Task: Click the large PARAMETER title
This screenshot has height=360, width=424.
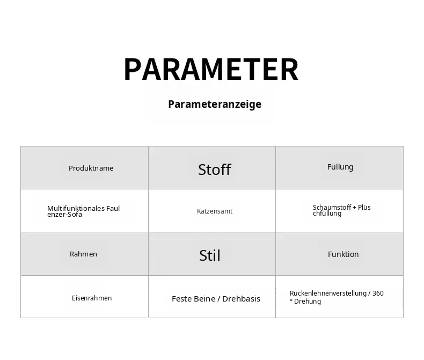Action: [x=211, y=69]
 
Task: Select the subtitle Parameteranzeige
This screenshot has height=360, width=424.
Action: [x=215, y=104]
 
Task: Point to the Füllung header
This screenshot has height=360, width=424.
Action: [x=340, y=167]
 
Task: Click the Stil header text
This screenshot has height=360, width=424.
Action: [x=210, y=255]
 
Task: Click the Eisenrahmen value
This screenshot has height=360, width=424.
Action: [x=92, y=298]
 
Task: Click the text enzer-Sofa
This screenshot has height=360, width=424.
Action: [x=64, y=214]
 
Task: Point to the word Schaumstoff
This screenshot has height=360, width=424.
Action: [x=332, y=207]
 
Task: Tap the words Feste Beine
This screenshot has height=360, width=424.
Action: [x=194, y=299]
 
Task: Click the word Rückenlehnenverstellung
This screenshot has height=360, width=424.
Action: [x=328, y=293]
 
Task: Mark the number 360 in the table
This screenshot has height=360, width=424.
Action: [x=378, y=293]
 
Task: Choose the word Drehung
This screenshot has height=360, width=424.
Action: [x=308, y=302]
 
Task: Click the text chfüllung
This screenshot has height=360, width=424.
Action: [x=327, y=214]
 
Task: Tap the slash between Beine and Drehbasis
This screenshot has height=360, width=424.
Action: [x=219, y=299]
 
